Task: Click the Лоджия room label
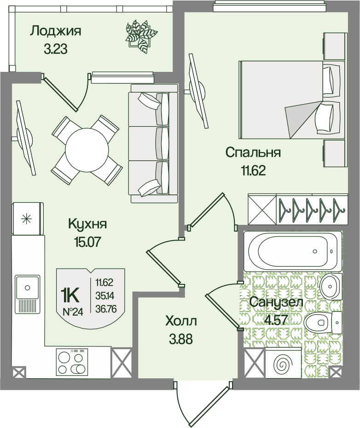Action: pos(55,32)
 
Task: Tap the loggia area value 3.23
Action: pos(55,49)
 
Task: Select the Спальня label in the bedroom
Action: pos(253,152)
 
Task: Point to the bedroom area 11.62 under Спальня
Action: pos(253,171)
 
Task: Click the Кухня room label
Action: pos(87,224)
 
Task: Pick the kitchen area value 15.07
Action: pos(87,242)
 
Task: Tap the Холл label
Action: pos(181,322)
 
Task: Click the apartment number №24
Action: pos(73,311)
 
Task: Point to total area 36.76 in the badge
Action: pos(106,309)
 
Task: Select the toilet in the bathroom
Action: pos(322,322)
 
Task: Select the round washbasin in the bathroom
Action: pos(331,287)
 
